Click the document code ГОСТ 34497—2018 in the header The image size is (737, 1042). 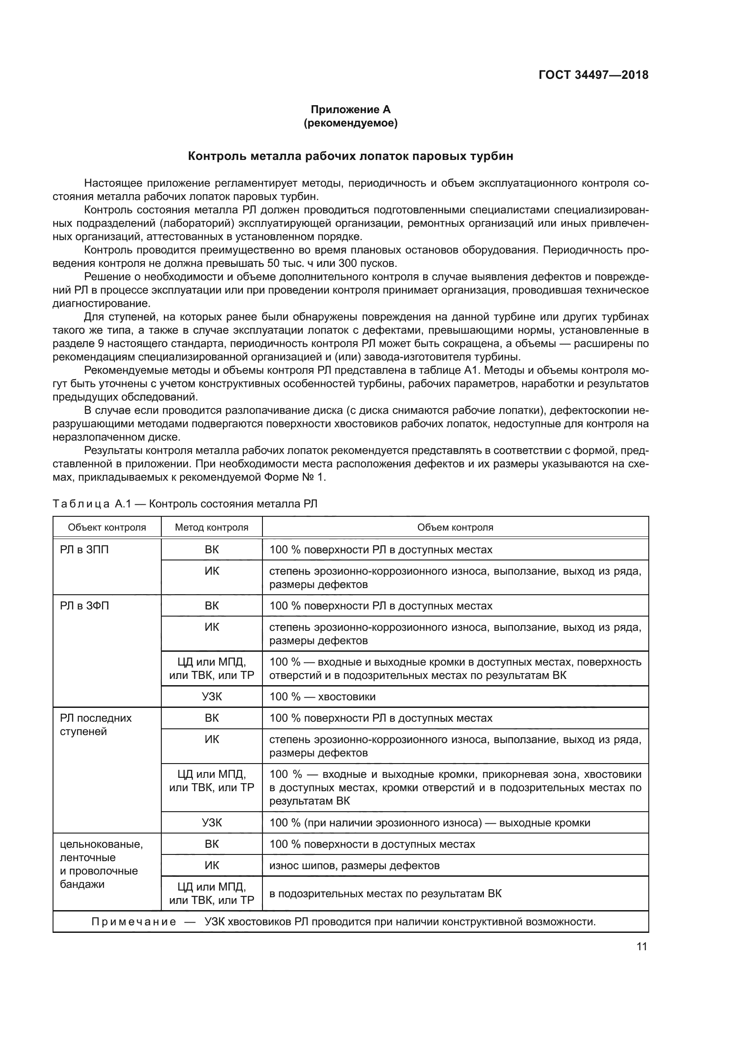click(x=593, y=75)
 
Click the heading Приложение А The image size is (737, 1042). click(x=350, y=110)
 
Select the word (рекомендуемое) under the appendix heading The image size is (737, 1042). click(x=350, y=123)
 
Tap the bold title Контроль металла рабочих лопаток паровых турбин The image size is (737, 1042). click(x=350, y=156)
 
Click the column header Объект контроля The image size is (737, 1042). click(x=107, y=527)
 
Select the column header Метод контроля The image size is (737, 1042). click(x=212, y=527)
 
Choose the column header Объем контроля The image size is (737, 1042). click(x=455, y=527)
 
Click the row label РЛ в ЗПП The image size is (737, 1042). click(x=84, y=550)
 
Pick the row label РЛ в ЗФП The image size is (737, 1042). click(x=84, y=606)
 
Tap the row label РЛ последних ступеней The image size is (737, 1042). click(x=95, y=724)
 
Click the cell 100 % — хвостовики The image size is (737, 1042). click(x=322, y=697)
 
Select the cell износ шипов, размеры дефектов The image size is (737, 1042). click(x=354, y=866)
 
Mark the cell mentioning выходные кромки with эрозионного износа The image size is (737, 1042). click(x=429, y=823)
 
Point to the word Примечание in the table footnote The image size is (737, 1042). click(x=134, y=922)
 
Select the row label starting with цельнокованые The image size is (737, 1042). click(x=101, y=845)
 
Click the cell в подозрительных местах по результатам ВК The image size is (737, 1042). click(x=385, y=894)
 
